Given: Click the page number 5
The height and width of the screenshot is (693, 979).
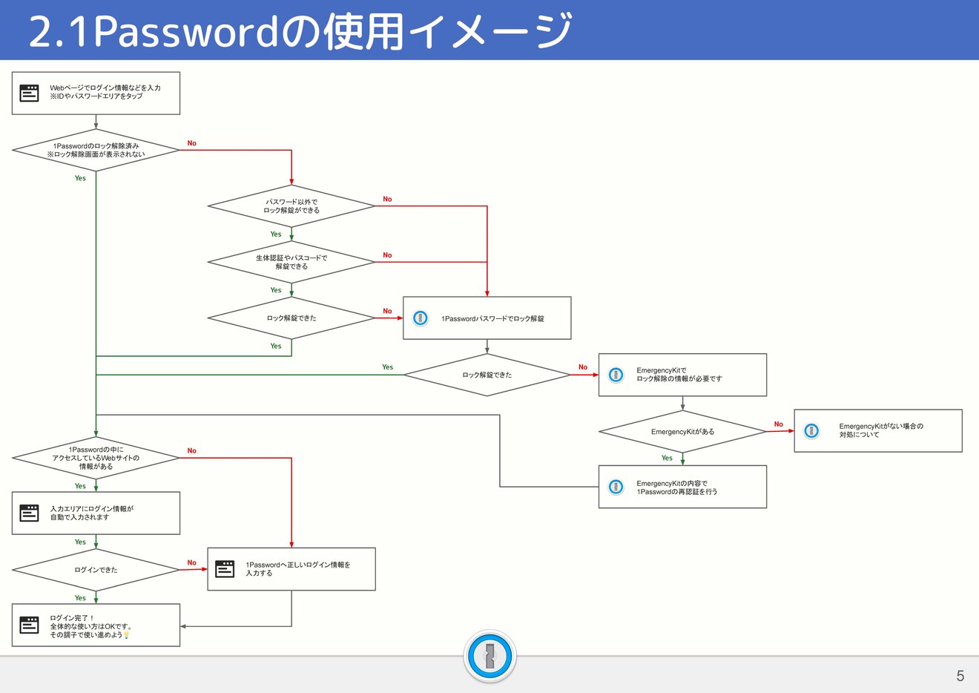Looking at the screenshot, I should pyautogui.click(x=960, y=676).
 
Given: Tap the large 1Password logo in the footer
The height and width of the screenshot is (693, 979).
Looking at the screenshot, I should pyautogui.click(x=489, y=657).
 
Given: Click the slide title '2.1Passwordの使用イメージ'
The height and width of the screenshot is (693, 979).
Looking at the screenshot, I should pyautogui.click(x=300, y=31).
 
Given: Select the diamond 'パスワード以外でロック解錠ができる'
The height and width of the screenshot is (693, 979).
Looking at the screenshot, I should pyautogui.click(x=291, y=206).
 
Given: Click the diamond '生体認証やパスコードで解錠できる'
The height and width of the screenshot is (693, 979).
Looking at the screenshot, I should pyautogui.click(x=291, y=262).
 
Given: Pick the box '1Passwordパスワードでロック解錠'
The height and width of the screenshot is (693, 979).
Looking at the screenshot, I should pyautogui.click(x=487, y=318).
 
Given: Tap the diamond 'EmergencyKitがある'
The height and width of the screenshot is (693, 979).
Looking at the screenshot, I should pyautogui.click(x=682, y=432).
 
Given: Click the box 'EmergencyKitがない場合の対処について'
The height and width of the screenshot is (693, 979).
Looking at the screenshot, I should pyautogui.click(x=878, y=431).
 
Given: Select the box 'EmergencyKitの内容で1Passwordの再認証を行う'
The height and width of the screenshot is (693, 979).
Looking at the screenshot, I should pyautogui.click(x=682, y=487).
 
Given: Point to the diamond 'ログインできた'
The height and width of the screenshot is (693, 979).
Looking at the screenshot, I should pyautogui.click(x=96, y=570).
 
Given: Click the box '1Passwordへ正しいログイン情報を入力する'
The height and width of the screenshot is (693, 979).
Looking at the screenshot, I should pyautogui.click(x=291, y=569).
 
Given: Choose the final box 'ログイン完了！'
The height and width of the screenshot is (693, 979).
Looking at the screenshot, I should pyautogui.click(x=96, y=625).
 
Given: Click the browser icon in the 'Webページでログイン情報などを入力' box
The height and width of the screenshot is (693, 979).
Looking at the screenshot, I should pyautogui.click(x=30, y=93).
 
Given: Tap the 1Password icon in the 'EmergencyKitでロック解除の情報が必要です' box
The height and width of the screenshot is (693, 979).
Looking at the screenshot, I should pyautogui.click(x=616, y=375).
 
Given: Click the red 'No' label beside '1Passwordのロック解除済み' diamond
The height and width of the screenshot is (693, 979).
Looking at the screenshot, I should pyautogui.click(x=192, y=143).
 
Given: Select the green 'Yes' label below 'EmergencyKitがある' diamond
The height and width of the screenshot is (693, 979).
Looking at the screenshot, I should pyautogui.click(x=667, y=458).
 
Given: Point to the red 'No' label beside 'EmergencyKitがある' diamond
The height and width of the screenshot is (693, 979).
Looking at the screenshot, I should pyautogui.click(x=778, y=424).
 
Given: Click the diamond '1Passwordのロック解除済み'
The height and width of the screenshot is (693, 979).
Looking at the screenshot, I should pyautogui.click(x=96, y=151).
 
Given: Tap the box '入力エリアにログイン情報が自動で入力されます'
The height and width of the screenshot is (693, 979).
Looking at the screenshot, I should pyautogui.click(x=96, y=513).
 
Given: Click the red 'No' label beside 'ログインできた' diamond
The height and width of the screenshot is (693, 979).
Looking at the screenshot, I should pyautogui.click(x=192, y=562).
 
